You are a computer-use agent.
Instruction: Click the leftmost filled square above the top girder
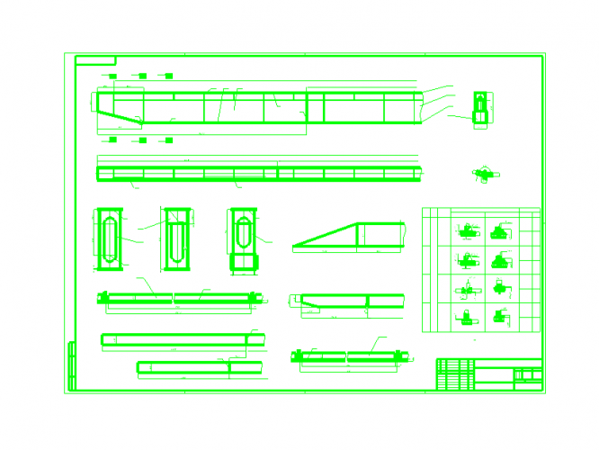(112, 76)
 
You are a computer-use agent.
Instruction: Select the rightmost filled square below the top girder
(167, 139)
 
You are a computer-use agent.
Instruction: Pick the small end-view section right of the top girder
(482, 109)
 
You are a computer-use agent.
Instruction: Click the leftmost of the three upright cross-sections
(108, 238)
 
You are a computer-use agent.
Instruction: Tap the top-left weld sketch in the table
(467, 231)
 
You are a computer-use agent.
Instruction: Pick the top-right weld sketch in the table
(501, 231)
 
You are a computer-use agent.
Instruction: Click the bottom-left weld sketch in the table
(467, 316)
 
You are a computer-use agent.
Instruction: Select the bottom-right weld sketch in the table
(501, 316)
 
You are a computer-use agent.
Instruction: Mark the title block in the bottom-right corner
(489, 374)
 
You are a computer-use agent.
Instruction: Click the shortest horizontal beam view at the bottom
(199, 366)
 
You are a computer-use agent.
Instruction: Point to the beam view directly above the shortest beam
(183, 338)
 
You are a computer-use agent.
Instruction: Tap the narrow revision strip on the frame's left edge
(72, 364)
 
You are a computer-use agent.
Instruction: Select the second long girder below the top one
(259, 173)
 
